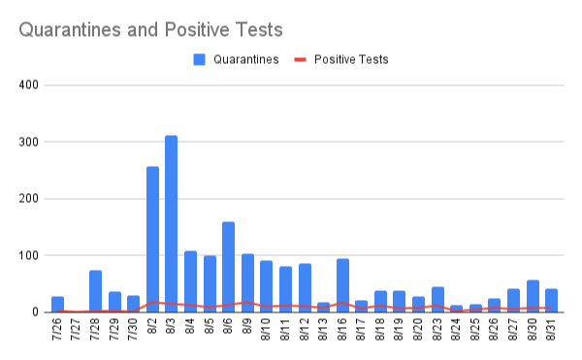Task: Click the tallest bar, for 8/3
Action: tap(171, 223)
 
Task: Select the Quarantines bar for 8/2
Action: tap(152, 239)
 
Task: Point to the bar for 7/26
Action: tap(57, 305)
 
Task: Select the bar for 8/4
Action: tap(190, 281)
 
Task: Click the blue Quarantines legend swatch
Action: tap(200, 59)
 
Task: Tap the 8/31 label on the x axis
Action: tap(552, 332)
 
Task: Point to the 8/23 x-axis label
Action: tap(437, 332)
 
